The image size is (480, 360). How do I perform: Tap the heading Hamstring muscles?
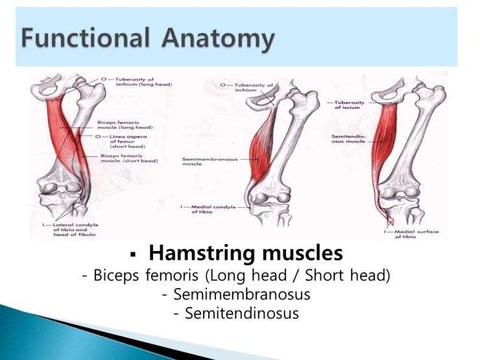[x=246, y=253]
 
